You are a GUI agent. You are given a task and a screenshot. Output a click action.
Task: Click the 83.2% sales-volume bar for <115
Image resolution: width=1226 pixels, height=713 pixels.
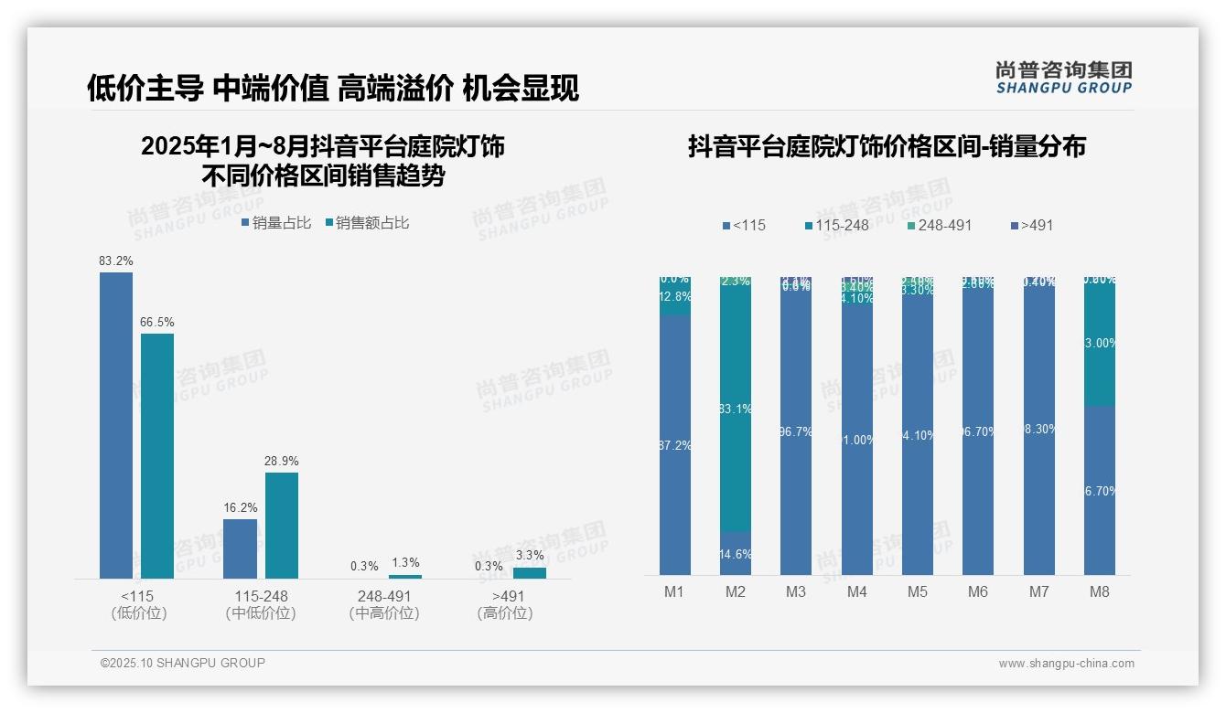click(116, 425)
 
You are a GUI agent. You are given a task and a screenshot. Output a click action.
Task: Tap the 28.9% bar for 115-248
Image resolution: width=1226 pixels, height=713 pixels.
click(282, 525)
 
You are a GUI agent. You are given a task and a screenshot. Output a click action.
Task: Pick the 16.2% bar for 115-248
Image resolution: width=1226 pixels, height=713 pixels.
click(240, 548)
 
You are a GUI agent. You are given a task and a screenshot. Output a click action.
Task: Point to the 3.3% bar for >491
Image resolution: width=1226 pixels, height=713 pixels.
click(529, 572)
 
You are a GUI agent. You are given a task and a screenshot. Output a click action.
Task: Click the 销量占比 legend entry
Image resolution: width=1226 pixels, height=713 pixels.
click(276, 222)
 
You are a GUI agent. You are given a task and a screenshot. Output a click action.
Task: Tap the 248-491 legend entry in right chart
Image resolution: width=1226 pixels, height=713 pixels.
click(939, 225)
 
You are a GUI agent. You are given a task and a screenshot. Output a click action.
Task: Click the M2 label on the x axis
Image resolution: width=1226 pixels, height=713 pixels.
click(736, 591)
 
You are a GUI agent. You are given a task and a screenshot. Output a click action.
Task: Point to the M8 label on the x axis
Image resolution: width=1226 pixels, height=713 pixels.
click(1099, 591)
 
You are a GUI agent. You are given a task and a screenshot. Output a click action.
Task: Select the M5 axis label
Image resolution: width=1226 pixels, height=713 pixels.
click(917, 591)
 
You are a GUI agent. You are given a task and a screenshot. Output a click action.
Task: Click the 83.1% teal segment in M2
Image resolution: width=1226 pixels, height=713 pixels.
click(736, 409)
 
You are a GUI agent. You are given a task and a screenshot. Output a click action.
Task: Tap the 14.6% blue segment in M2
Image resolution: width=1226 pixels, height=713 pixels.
click(736, 554)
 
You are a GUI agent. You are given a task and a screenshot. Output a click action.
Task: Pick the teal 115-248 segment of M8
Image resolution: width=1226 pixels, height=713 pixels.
click(1099, 344)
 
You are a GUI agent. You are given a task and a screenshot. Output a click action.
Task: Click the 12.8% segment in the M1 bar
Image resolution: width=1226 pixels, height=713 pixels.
click(674, 297)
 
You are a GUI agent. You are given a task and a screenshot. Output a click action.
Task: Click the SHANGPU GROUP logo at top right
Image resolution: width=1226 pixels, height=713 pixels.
click(1063, 77)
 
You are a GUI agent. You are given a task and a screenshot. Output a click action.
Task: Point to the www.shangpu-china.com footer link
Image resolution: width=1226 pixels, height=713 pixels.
click(1066, 664)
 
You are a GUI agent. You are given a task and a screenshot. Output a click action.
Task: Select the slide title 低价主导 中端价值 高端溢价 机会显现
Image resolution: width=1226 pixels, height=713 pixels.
click(333, 89)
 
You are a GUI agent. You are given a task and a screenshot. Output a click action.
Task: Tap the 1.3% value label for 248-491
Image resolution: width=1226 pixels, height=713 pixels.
click(405, 563)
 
